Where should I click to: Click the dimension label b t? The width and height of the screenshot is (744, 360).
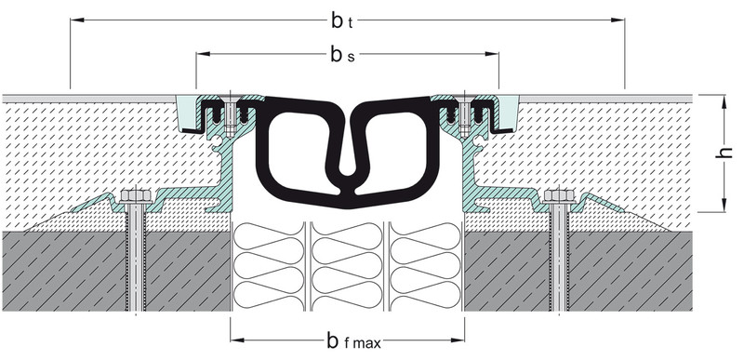[x=341, y=20]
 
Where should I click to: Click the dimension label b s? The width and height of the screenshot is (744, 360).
[x=342, y=55]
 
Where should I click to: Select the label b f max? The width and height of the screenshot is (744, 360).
[x=353, y=340]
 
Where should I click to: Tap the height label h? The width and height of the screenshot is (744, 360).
[x=725, y=153]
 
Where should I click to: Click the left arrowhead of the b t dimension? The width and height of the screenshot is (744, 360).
[x=77, y=20]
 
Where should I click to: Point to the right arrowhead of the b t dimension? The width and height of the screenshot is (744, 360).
[x=618, y=20]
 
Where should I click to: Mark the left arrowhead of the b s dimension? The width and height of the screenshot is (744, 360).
[x=203, y=54]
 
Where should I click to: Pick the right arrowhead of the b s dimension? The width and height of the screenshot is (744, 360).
[x=492, y=54]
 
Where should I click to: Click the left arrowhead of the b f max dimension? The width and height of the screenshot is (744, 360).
[x=237, y=340]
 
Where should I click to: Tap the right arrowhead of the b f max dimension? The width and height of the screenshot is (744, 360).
[x=458, y=340]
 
